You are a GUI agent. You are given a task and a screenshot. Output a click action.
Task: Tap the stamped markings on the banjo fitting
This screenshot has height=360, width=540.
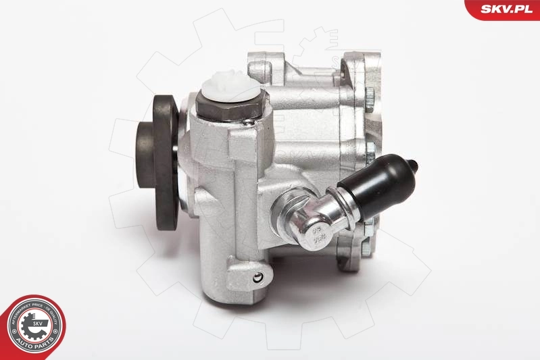(315, 237)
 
